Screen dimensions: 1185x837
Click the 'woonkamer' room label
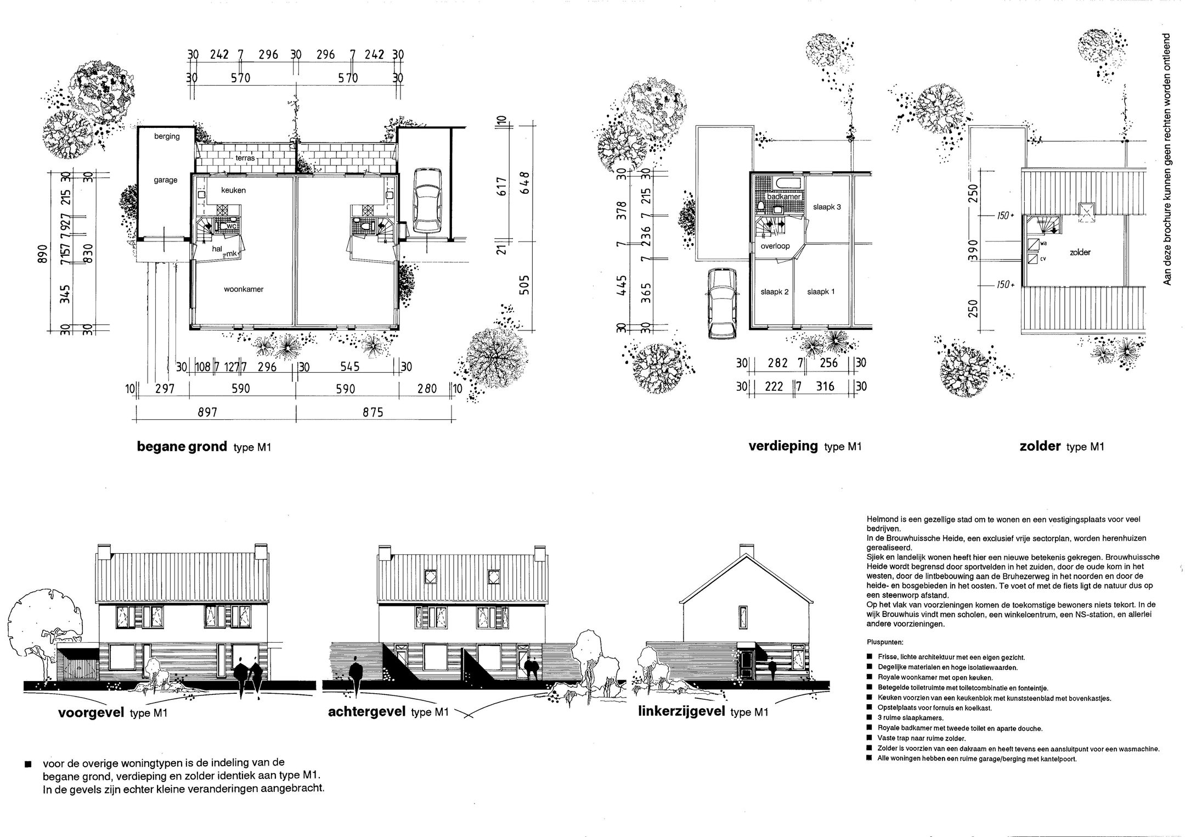tap(244, 289)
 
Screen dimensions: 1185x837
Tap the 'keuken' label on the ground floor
tap(233, 190)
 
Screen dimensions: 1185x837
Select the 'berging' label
tap(167, 137)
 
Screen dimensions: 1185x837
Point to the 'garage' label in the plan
tap(166, 180)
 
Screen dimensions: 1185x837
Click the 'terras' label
tap(245, 158)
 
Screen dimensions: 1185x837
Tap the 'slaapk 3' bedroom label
tap(827, 207)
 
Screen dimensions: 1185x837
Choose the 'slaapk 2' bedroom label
tap(774, 292)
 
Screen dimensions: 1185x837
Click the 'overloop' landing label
tap(775, 246)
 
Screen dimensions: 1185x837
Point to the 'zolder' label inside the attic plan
tap(1080, 252)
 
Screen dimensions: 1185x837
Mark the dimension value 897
tap(207, 412)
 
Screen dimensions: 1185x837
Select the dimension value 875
tap(373, 412)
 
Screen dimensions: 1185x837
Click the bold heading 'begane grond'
tap(182, 447)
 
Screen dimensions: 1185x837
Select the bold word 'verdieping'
tap(783, 446)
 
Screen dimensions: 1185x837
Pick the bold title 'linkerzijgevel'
tap(681, 712)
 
